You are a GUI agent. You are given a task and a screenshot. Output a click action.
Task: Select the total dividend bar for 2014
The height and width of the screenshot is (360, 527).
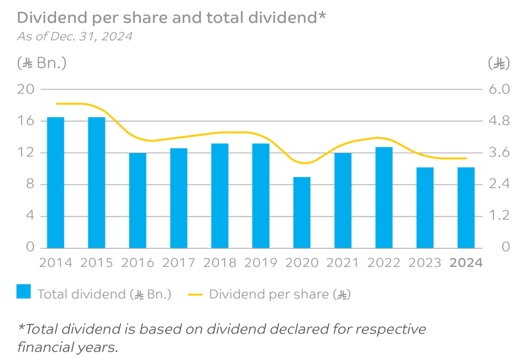(55, 182)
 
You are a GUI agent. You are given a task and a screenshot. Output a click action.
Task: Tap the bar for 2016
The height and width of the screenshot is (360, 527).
(138, 200)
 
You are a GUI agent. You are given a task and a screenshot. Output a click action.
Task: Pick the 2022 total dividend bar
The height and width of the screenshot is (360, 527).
(384, 197)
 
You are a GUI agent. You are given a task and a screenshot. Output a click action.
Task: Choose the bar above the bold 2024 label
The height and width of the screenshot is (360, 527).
(466, 207)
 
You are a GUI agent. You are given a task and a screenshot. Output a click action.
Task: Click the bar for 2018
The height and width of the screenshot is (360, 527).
(220, 195)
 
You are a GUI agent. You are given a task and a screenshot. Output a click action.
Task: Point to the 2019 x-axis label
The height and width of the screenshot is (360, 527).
(261, 263)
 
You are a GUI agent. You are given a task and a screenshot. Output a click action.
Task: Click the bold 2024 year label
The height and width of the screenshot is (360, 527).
(466, 263)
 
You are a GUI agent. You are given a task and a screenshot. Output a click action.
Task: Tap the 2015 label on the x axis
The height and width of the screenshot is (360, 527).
(97, 263)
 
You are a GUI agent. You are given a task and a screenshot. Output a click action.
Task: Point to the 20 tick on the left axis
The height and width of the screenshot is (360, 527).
(25, 90)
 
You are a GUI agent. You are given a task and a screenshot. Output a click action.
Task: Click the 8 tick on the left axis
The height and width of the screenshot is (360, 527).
(29, 184)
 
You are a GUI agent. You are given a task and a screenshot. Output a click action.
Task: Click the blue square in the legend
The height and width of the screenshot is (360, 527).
(24, 292)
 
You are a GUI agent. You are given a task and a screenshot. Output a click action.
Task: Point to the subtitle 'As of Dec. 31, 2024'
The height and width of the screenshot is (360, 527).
(74, 36)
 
